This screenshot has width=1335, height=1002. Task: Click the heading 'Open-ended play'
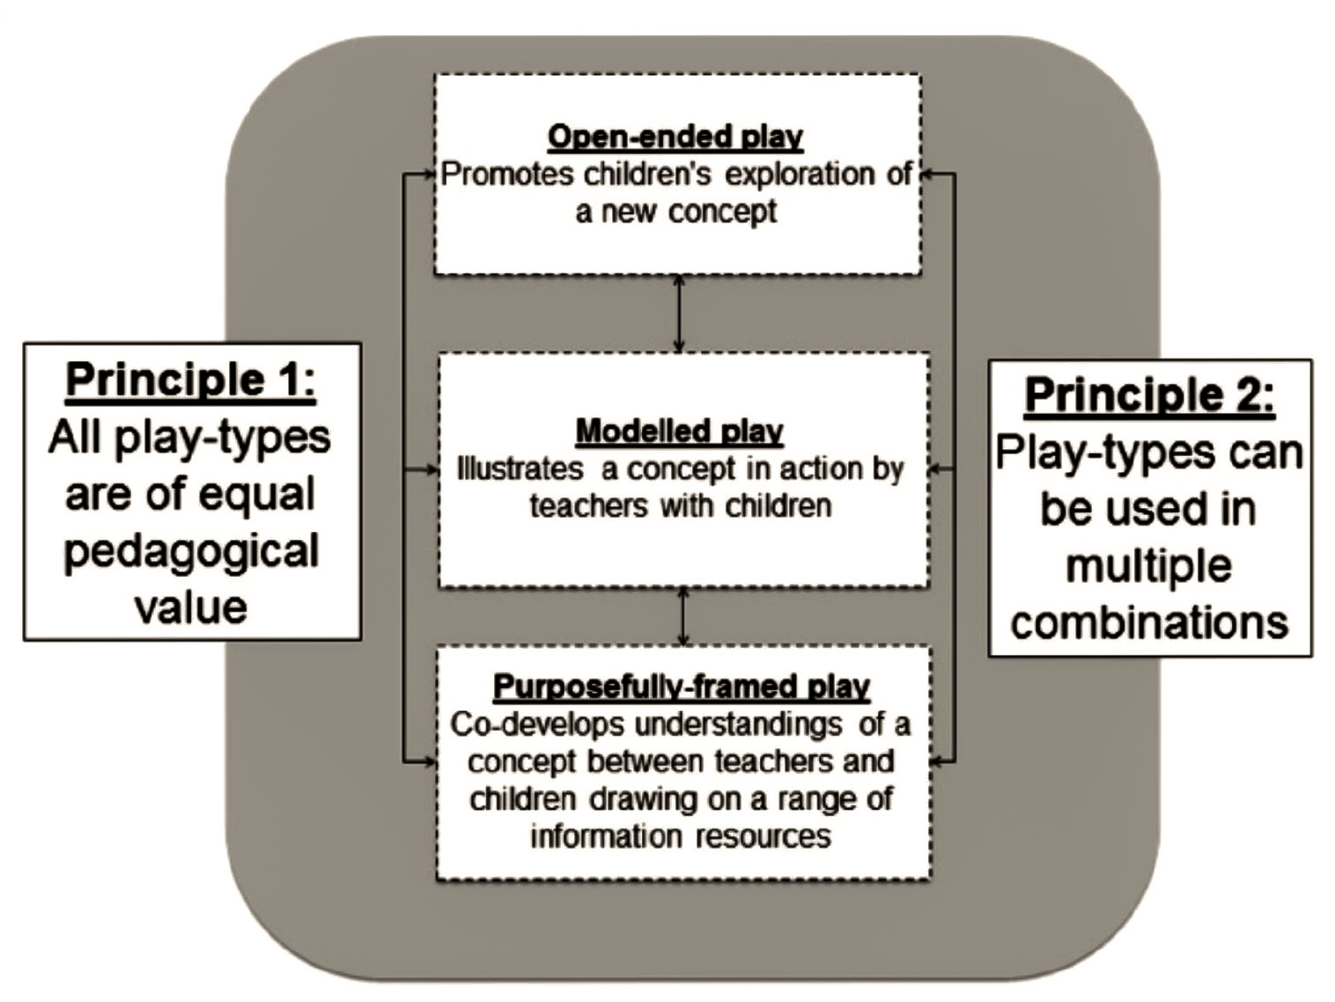[x=675, y=137]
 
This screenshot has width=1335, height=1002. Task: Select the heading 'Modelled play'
[x=679, y=431]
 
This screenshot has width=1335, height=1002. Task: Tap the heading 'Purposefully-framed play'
[x=681, y=687]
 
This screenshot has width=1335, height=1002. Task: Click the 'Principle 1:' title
[x=190, y=380]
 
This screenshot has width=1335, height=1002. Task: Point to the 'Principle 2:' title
[x=1149, y=394]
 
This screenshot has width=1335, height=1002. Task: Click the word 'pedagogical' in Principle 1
[x=191, y=551]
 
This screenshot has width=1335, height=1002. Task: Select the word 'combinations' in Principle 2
[x=1149, y=623]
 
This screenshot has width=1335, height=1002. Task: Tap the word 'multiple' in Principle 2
[x=1148, y=566]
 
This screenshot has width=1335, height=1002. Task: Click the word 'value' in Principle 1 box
[x=191, y=608]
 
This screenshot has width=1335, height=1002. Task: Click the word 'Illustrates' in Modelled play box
[x=520, y=469]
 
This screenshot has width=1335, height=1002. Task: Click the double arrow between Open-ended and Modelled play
[x=678, y=314]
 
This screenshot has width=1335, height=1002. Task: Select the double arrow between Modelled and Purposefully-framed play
[x=682, y=616]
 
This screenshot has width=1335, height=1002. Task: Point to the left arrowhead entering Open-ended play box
[x=431, y=174]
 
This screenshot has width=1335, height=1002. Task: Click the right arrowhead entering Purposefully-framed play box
[x=937, y=762]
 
